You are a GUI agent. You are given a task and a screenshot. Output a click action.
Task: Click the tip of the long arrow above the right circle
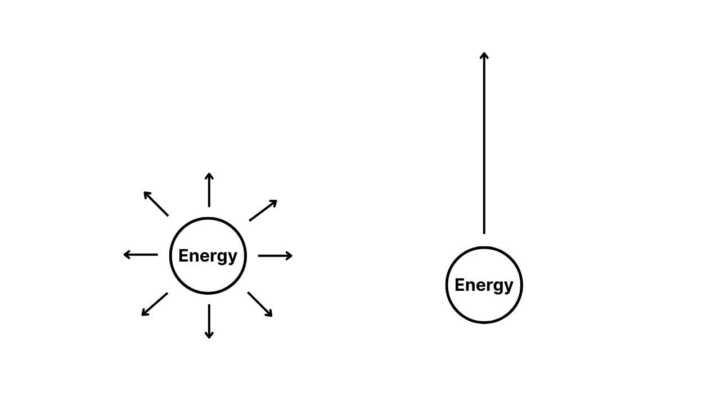point(484,53)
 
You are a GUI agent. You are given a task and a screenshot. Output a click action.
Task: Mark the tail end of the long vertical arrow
point(484,233)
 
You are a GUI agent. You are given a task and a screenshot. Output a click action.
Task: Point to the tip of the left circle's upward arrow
point(209,173)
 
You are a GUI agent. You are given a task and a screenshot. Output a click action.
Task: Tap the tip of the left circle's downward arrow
point(209,338)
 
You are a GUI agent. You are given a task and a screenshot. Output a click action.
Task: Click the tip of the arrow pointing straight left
point(124,255)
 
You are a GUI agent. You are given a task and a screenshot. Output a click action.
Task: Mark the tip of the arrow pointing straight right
point(292,256)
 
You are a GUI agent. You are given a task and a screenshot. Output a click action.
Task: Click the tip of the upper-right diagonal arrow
point(276,201)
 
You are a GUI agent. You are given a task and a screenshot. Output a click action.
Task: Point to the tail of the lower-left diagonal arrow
point(167,293)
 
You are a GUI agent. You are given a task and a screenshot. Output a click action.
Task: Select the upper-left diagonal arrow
point(156,204)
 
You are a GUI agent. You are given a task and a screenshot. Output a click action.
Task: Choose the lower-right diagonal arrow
point(260,304)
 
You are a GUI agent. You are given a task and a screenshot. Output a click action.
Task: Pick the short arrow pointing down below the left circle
point(209,321)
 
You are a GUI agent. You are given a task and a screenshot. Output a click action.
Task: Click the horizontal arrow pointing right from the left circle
point(275,256)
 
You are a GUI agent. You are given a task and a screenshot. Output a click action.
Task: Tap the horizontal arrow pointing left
point(141,255)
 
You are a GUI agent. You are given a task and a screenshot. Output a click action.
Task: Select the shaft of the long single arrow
point(484,143)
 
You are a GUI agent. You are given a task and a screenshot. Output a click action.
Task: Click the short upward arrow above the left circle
point(209,190)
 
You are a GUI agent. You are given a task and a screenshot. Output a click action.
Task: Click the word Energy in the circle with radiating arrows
point(208,256)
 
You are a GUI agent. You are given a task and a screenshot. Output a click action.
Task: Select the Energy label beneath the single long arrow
point(484,285)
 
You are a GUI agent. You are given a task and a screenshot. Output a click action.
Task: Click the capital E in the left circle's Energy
point(183,255)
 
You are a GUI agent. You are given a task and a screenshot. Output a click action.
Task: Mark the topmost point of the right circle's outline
point(484,247)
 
